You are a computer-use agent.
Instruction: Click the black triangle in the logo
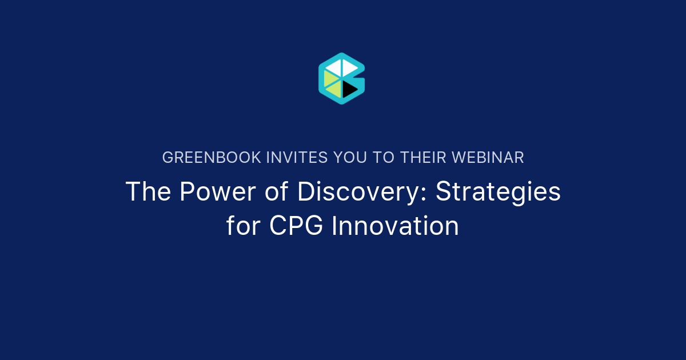[x=349, y=89]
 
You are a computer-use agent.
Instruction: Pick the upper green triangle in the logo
[x=330, y=77]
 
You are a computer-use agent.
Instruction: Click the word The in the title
[x=148, y=192]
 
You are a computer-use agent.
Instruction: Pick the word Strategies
[x=498, y=192]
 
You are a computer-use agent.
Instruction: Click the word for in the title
[x=244, y=226]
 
